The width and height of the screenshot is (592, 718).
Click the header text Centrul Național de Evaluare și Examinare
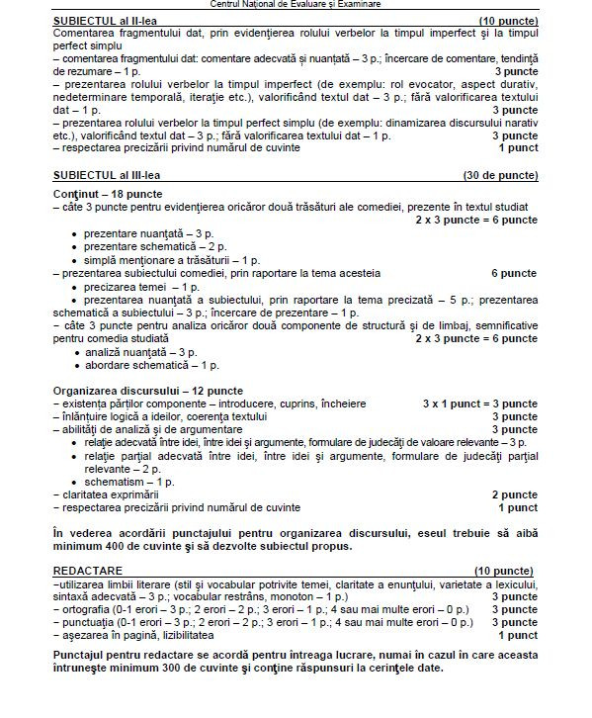point(295,5)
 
